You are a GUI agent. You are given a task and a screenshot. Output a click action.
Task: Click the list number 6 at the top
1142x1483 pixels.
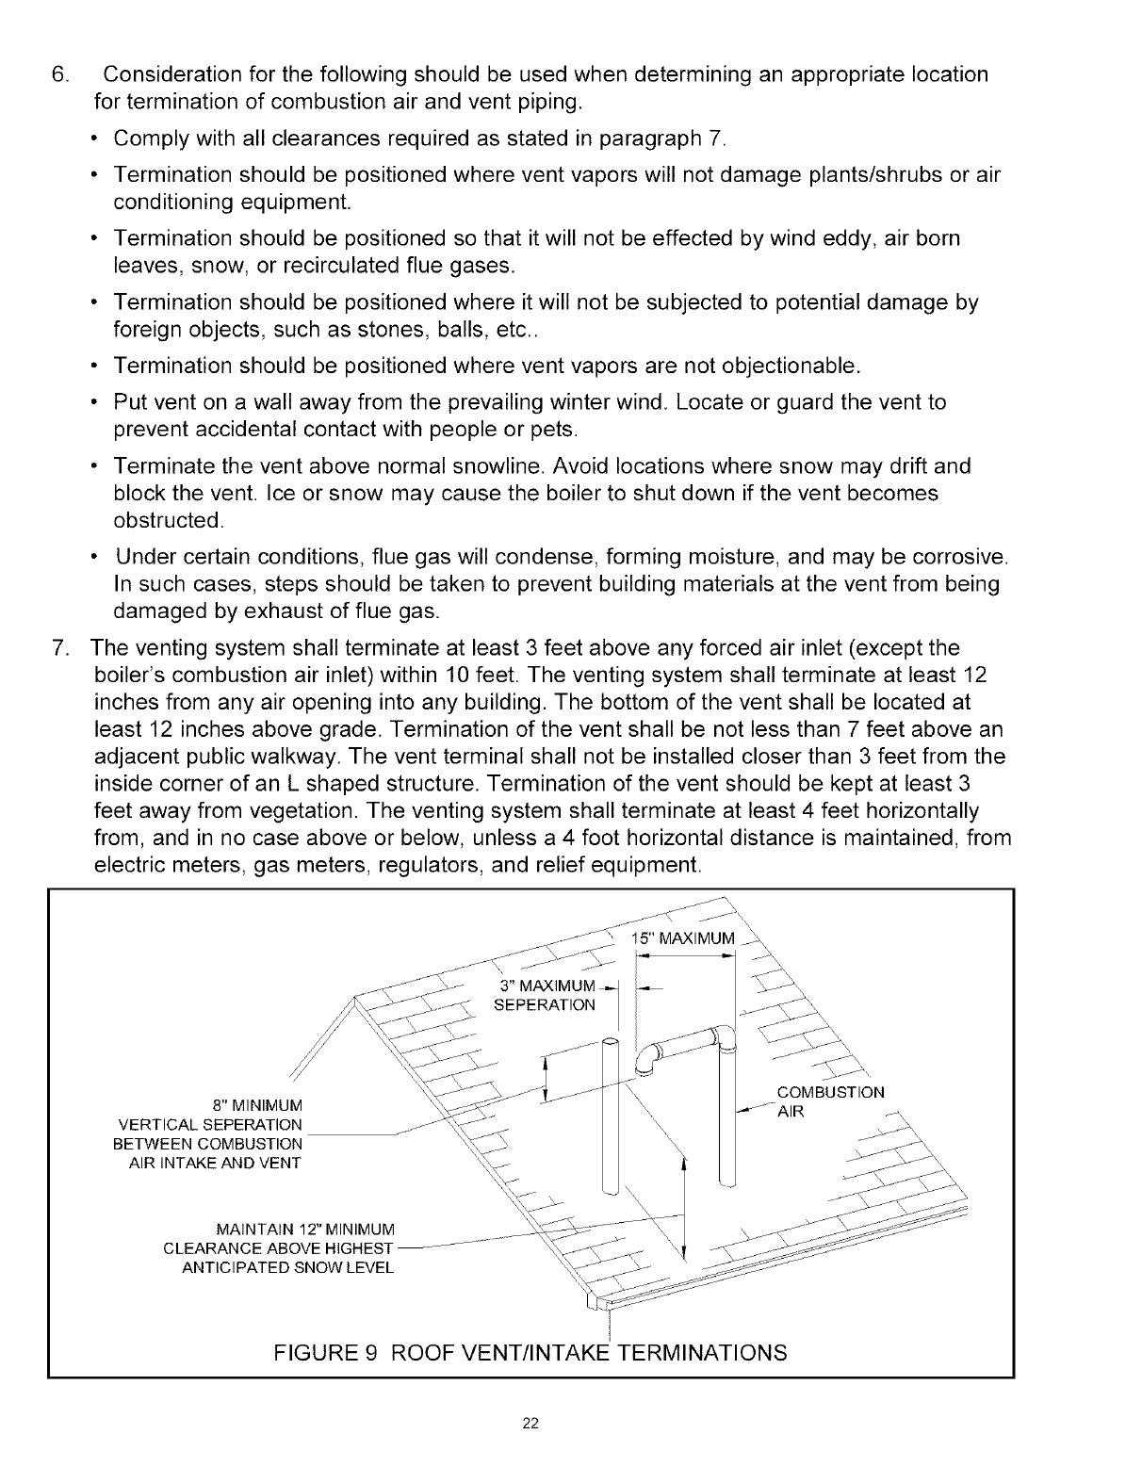tap(58, 74)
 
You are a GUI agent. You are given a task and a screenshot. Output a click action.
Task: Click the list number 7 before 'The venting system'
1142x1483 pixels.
tap(58, 648)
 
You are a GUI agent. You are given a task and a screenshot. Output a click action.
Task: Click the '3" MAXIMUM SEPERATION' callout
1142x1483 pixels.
tap(546, 995)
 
